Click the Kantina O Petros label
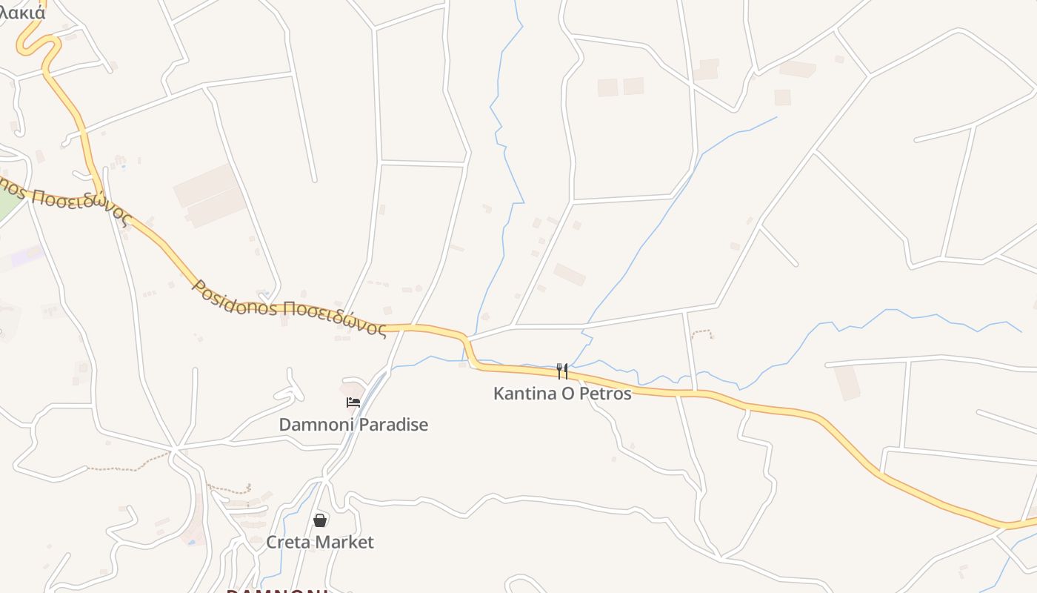(562, 394)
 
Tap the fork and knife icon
(562, 371)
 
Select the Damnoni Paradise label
(353, 425)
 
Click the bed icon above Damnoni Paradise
(353, 402)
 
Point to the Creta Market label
(320, 543)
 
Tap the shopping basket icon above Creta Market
(320, 520)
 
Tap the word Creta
(288, 543)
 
